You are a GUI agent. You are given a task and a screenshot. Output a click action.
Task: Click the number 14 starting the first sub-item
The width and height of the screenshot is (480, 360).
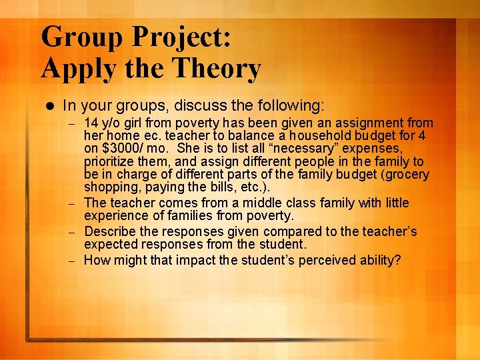(91, 123)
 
